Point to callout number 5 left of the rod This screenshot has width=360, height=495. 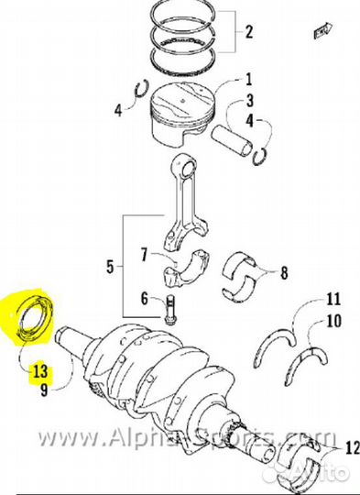(x=111, y=268)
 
